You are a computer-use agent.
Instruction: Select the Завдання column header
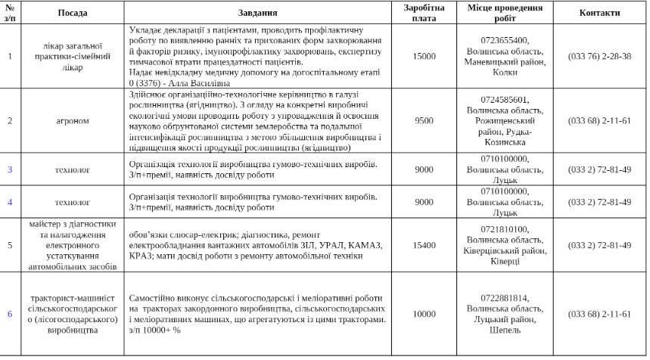257,13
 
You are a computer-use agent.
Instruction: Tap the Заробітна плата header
424,13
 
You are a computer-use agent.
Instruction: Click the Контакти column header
599,13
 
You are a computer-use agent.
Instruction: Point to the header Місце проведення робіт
505,13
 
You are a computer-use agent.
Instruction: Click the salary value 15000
424,57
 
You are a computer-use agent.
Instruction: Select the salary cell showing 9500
424,120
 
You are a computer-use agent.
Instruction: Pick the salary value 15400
424,245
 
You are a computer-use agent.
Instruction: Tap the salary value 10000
424,314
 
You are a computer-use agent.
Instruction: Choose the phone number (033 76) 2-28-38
599,57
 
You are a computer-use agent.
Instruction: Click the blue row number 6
10,314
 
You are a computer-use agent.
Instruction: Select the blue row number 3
10,169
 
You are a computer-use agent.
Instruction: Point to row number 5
10,245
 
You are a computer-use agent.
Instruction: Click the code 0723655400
505,41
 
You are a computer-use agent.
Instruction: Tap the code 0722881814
505,297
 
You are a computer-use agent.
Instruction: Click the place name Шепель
505,331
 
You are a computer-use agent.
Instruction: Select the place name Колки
505,73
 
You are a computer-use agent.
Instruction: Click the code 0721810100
505,228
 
